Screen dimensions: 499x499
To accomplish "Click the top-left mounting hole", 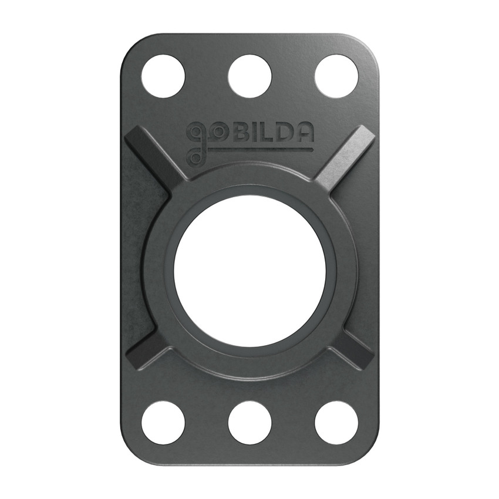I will (x=163, y=76).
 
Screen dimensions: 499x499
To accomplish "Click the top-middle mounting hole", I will (x=249, y=76).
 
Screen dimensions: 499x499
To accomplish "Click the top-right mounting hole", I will (x=336, y=76).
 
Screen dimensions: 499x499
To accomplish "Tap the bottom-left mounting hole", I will (x=163, y=423).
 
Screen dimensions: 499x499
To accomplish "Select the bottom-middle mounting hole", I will (x=249, y=423).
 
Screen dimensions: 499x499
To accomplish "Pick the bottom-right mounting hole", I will (x=336, y=423).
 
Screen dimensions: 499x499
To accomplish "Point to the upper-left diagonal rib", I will (x=151, y=156).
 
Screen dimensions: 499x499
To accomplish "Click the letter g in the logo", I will (x=194, y=136).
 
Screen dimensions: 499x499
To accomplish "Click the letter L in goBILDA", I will (x=265, y=133).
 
